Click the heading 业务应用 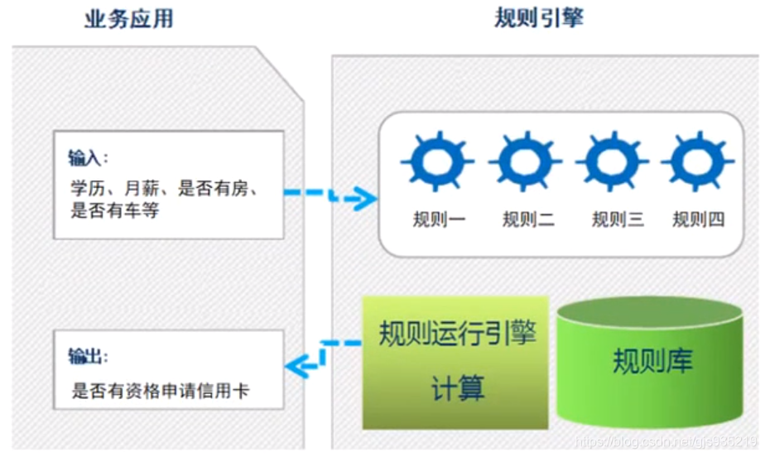click(129, 19)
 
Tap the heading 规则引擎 click(538, 17)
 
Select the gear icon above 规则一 click(437, 161)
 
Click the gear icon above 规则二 click(526, 161)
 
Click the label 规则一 click(439, 219)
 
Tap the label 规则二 click(528, 219)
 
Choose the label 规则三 click(618, 219)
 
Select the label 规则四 click(699, 219)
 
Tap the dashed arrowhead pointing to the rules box click(363, 198)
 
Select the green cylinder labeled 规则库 click(650, 361)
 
